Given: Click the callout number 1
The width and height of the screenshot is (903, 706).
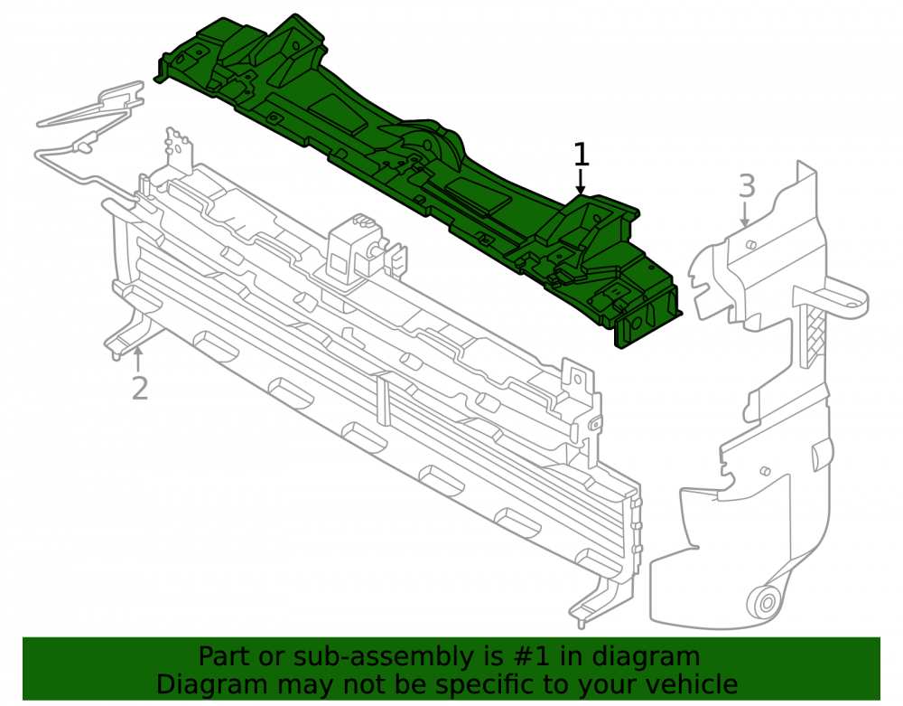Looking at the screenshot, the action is pos(581,155).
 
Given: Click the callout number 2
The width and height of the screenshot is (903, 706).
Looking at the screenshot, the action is pos(140,389).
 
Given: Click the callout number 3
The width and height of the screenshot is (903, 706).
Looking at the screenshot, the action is pos(747,186).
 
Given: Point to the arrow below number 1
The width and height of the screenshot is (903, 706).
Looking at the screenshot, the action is pos(581,182).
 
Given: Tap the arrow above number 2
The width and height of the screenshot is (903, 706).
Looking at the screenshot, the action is pos(137,360).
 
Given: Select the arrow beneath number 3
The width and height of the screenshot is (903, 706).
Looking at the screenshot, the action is pos(745,213).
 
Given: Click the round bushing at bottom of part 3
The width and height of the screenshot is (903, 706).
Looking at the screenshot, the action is pos(767,604).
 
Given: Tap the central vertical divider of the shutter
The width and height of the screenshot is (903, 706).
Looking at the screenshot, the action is pos(383,405).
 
